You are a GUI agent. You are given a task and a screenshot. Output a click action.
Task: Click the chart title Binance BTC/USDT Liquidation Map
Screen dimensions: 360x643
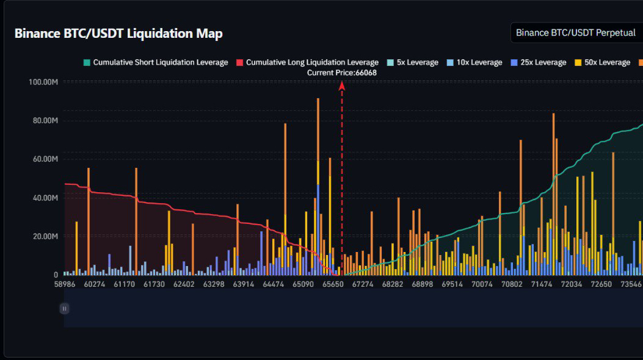118,34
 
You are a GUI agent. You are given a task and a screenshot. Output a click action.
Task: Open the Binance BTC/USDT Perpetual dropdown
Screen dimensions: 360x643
576,33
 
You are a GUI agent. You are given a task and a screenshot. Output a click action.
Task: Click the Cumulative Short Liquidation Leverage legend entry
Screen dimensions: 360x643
156,62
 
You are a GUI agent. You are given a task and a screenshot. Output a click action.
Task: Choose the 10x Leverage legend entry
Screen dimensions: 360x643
474,62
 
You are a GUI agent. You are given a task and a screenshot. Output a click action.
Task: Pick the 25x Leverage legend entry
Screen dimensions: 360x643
539,62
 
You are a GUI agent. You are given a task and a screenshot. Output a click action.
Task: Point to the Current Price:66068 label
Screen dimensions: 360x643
342,73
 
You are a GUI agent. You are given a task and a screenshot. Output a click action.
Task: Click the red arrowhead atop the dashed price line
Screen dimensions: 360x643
342,86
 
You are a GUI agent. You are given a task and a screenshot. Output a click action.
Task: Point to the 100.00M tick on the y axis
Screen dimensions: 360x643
43,82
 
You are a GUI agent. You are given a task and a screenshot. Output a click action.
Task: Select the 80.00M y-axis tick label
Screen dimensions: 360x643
45,120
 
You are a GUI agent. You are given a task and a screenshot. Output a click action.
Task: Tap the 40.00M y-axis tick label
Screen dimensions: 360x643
45,198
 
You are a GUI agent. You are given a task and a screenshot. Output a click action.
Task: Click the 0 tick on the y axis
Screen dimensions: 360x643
56,275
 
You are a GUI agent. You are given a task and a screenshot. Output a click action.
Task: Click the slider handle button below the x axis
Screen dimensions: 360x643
64,309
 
